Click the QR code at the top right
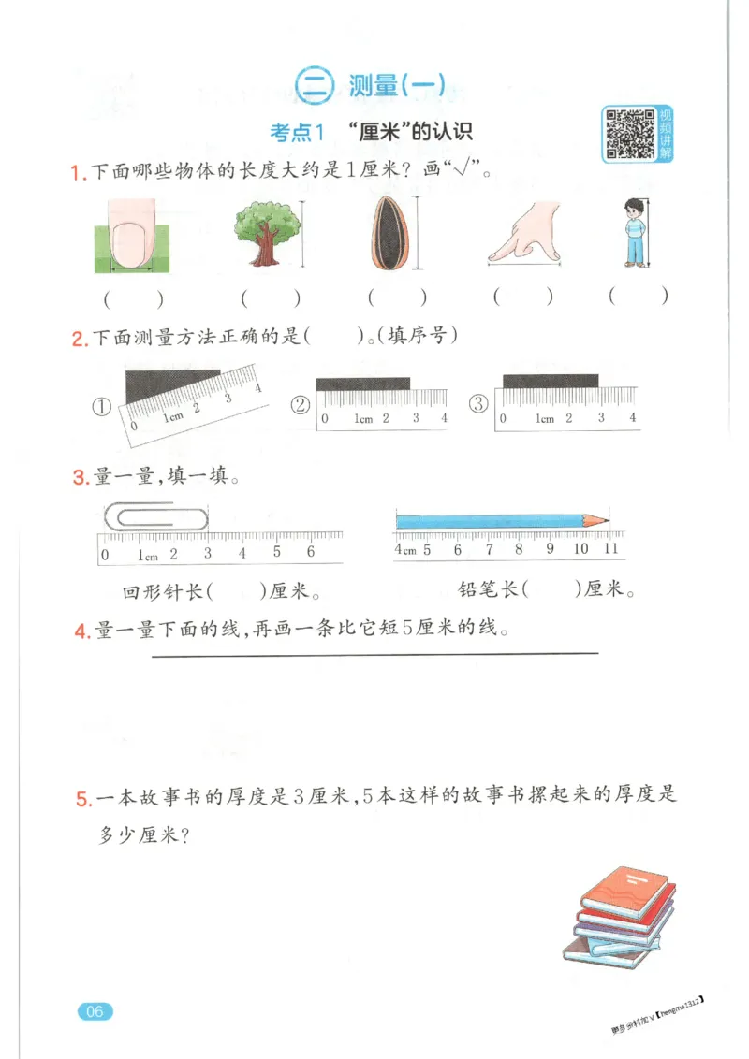[629, 133]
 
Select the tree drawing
[269, 233]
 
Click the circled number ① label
[102, 407]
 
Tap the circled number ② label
[301, 405]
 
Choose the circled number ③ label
[478, 404]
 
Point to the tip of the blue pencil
[607, 519]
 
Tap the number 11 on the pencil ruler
[610, 549]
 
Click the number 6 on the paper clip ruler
[310, 552]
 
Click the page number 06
[95, 1010]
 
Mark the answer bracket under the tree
[270, 298]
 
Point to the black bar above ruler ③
[551, 380]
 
